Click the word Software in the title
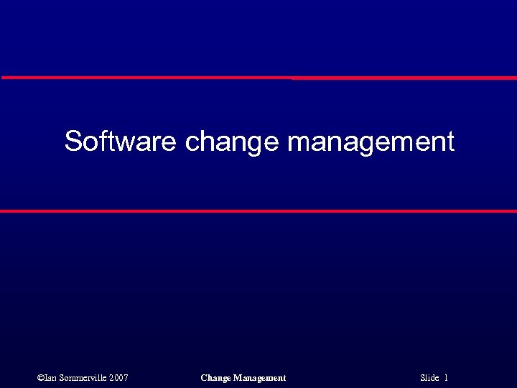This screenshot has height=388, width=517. click(120, 141)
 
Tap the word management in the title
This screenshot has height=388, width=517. click(371, 142)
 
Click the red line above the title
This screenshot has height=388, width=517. click(258, 77)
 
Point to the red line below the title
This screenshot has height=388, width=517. click(258, 211)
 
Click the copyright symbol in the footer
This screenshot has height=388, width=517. click(39, 377)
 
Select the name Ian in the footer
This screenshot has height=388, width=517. click(50, 377)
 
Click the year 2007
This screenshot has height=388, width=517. click(119, 377)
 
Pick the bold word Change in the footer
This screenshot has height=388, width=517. click(215, 378)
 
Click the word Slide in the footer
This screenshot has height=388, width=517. click(429, 377)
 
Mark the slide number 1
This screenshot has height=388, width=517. click(446, 377)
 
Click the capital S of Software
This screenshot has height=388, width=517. click(73, 141)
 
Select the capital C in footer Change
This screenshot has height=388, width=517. click(204, 377)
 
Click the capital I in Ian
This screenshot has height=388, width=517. click(45, 377)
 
